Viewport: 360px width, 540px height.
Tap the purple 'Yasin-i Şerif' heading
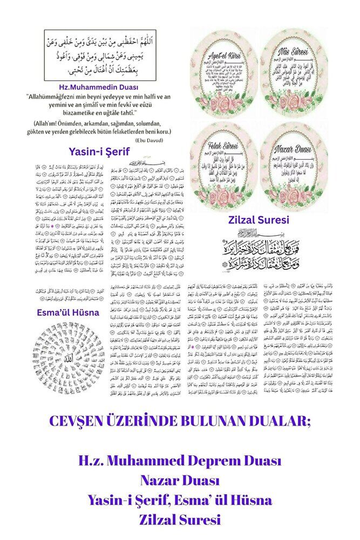(100, 151)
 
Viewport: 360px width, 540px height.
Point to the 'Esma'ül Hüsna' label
(60, 312)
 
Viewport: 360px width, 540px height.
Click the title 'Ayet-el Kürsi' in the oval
(223, 56)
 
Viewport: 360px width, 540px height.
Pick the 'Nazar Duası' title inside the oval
(293, 146)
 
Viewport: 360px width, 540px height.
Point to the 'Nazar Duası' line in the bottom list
(180, 481)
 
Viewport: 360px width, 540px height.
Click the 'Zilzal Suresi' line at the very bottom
(180, 520)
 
